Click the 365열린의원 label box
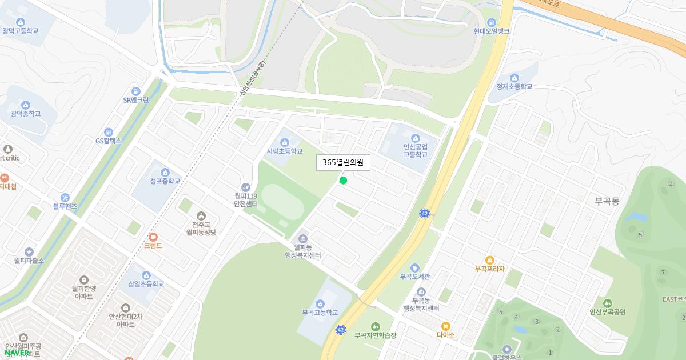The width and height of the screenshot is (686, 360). click(x=344, y=163)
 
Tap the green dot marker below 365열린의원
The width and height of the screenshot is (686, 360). click(x=343, y=181)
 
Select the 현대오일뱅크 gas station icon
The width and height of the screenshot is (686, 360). click(x=491, y=21)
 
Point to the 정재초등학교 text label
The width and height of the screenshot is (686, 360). click(x=514, y=87)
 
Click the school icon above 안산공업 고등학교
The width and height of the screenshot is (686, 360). click(x=415, y=138)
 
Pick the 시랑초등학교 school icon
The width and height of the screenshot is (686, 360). click(x=285, y=142)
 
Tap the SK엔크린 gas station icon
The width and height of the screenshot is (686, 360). click(x=135, y=91)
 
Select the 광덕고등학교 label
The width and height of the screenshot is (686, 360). click(x=20, y=31)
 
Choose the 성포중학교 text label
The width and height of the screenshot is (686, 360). click(x=165, y=181)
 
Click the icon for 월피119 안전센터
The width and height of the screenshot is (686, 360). click(x=246, y=186)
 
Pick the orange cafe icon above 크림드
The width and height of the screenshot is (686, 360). click(x=153, y=237)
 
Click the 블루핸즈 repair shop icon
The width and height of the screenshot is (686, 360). click(x=65, y=197)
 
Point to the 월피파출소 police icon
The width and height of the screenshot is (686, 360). click(x=29, y=251)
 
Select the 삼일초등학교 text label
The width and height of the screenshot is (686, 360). click(x=146, y=284)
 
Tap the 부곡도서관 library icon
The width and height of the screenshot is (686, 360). click(x=415, y=267)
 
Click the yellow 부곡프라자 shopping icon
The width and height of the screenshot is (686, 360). click(x=490, y=260)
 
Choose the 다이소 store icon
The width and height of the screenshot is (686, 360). click(x=446, y=326)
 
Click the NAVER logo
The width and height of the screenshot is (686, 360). click(x=17, y=352)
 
